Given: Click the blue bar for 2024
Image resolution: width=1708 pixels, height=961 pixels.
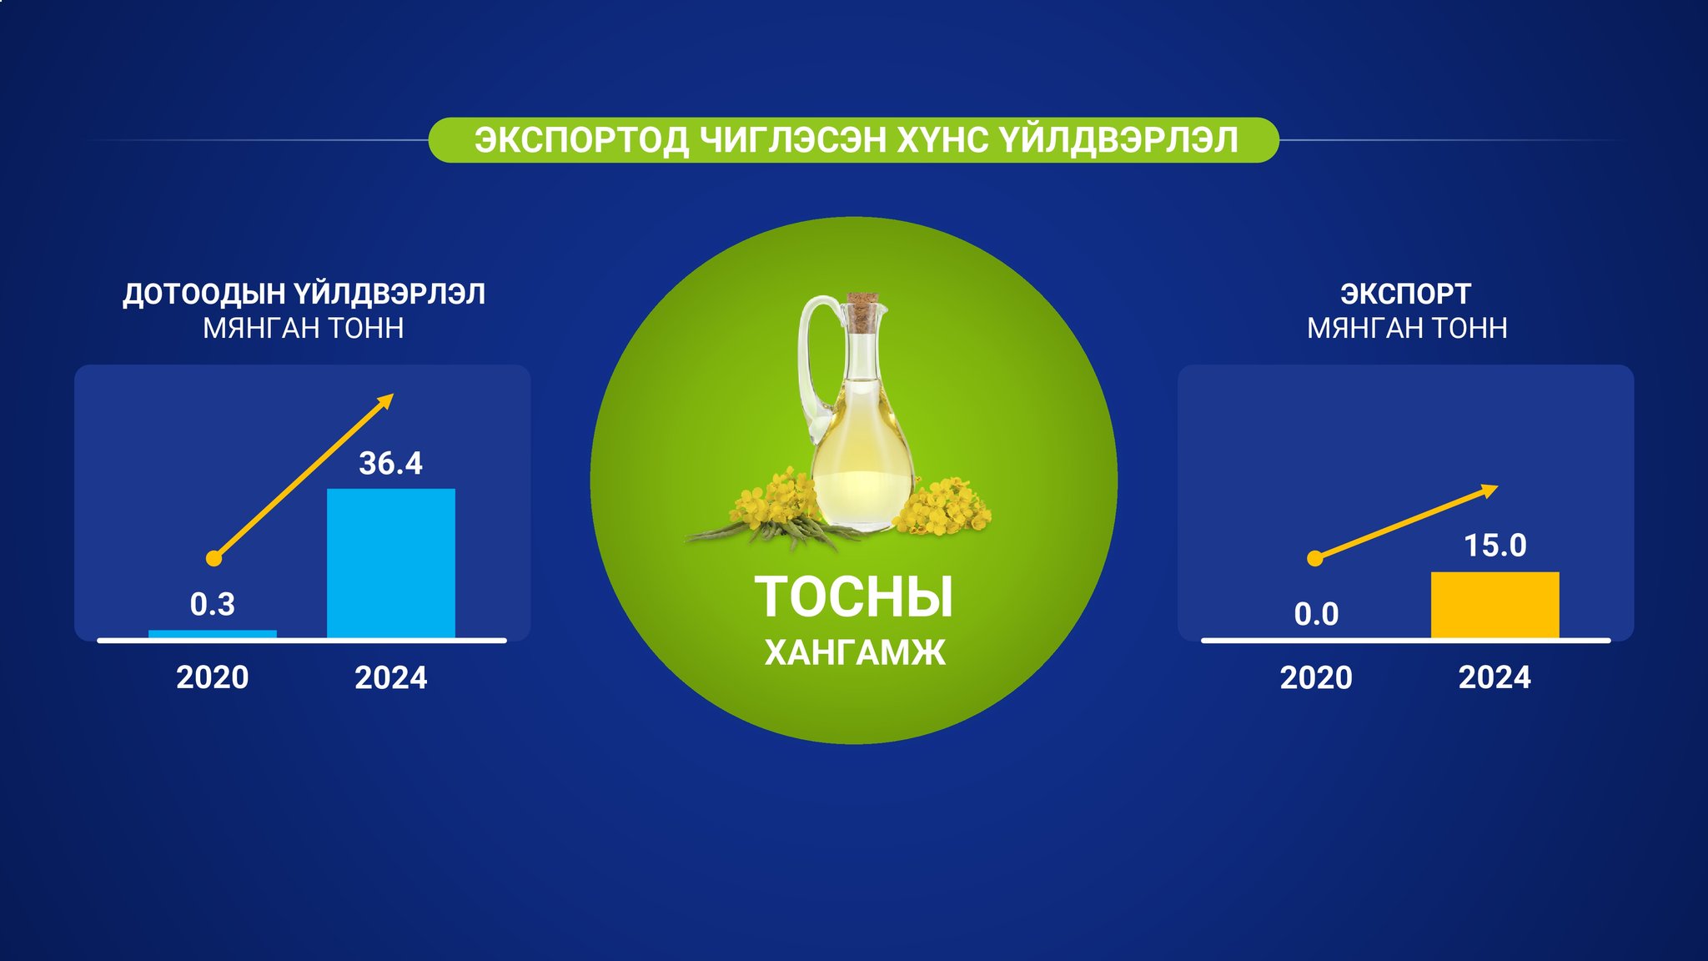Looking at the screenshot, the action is [391, 563].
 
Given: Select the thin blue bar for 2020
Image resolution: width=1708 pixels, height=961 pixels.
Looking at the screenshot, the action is [213, 634].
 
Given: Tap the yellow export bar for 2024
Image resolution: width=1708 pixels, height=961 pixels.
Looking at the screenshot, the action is [1495, 605].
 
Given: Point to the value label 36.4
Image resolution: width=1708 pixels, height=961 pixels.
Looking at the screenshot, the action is [390, 463].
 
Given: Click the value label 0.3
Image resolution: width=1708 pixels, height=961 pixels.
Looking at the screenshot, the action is [213, 604].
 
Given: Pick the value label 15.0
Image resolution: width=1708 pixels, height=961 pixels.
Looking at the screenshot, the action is [1495, 546].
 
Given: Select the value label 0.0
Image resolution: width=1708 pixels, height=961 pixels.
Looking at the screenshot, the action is [1316, 615].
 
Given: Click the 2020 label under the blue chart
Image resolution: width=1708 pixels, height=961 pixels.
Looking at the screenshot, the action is [213, 677].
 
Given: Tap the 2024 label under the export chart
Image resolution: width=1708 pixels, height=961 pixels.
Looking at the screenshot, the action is [1494, 677].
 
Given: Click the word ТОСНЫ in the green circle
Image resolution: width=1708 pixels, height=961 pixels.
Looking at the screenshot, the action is [854, 597].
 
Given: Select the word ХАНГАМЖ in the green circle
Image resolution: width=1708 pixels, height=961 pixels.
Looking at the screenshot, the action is [855, 653].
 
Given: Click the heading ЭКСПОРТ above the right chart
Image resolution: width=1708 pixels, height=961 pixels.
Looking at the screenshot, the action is [1406, 294].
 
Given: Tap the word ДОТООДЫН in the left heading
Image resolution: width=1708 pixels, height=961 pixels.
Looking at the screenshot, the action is [204, 294].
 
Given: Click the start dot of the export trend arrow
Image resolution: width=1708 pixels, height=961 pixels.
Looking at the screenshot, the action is [1315, 559].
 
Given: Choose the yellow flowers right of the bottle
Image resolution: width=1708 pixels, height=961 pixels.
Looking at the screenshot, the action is [942, 505].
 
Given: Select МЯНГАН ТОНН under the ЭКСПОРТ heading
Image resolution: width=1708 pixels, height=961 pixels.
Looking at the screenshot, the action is [1407, 329].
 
